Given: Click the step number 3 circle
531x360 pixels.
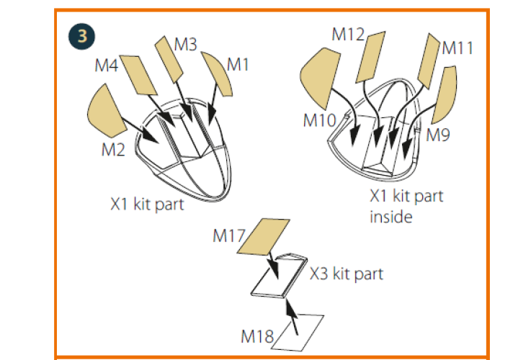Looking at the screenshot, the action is [x=81, y=36].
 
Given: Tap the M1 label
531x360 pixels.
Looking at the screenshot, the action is [x=238, y=64].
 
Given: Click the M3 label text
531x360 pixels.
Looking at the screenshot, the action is [x=186, y=45].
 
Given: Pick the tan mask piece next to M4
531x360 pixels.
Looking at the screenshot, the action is [x=138, y=75].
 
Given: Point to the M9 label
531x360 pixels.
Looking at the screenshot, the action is [x=438, y=135].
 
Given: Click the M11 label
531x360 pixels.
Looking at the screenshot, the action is [x=458, y=48].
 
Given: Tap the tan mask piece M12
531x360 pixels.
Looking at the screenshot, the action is [x=370, y=57].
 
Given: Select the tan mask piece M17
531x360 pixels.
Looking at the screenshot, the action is [x=263, y=236].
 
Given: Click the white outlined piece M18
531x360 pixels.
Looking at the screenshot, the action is [x=298, y=333].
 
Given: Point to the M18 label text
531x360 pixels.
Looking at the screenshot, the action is [x=257, y=336].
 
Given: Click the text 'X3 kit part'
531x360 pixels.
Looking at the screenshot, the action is [x=347, y=274].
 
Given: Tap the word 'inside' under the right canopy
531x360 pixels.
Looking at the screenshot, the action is [x=391, y=217].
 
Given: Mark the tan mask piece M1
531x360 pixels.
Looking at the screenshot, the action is [x=218, y=73].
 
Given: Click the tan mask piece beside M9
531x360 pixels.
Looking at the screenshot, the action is [x=445, y=94].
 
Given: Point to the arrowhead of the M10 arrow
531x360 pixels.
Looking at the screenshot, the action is [x=354, y=137].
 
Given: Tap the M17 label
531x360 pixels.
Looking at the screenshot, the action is [x=229, y=235].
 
